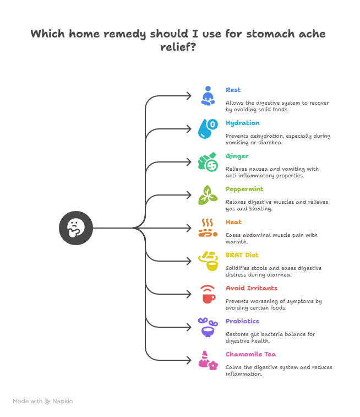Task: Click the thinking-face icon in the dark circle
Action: click(76, 228)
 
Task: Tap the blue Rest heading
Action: click(233, 90)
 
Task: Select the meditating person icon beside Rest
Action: click(207, 95)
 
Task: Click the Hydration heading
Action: click(242, 123)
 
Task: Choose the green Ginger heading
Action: click(237, 156)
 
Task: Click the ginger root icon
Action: click(207, 161)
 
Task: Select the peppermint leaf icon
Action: click(207, 194)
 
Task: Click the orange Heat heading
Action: click(233, 222)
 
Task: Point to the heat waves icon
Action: click(207, 228)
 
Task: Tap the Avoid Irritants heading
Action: click(252, 288)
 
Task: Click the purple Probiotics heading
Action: click(242, 321)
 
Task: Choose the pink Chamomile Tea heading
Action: click(250, 354)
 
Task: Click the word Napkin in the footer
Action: click(62, 402)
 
